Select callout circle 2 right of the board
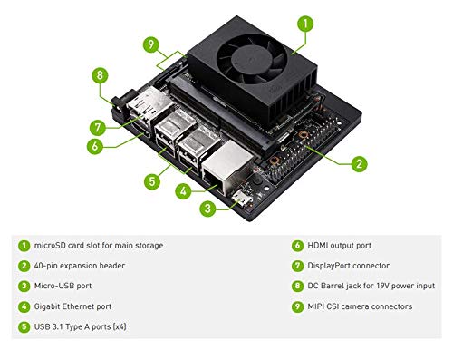pyautogui.click(x=359, y=164)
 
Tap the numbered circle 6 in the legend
pyautogui.click(x=296, y=246)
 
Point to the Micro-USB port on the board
pyautogui.click(x=240, y=197)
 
